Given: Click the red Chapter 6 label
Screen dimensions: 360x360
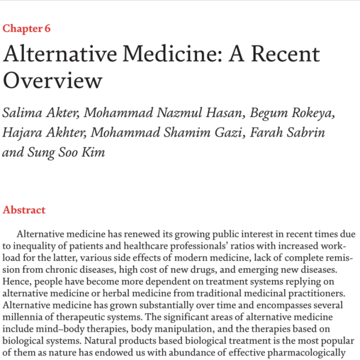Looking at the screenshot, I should tap(27, 29).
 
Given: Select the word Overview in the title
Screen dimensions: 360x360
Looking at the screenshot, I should tap(53, 81).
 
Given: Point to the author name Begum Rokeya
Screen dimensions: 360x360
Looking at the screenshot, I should tap(297, 113).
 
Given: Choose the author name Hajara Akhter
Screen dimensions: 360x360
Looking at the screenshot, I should tap(40, 133).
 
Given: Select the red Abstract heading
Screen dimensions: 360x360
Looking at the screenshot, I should tap(24, 210).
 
